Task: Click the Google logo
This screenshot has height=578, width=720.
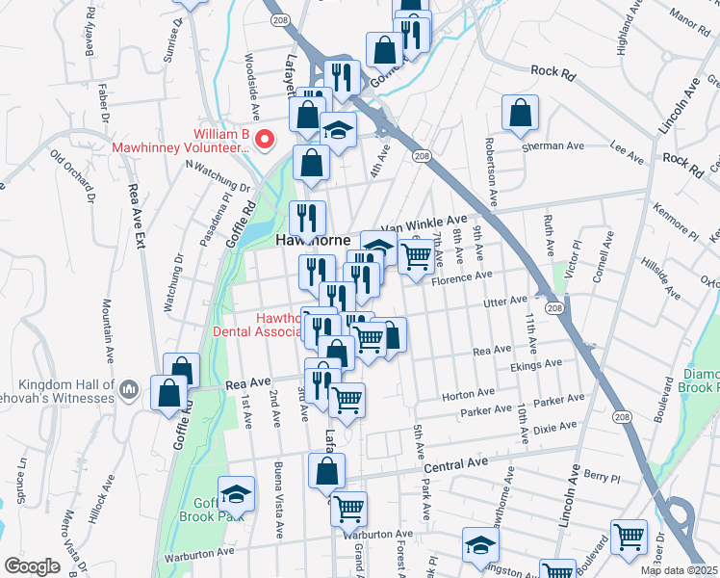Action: (x=32, y=566)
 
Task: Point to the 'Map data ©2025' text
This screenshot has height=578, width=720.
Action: (x=680, y=570)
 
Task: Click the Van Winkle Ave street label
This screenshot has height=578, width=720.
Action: (x=423, y=224)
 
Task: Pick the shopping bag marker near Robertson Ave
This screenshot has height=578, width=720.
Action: (x=520, y=113)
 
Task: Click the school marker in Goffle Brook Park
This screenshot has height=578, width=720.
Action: (x=235, y=494)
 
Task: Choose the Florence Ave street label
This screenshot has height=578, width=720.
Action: (x=461, y=278)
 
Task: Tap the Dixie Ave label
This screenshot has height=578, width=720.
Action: (x=553, y=426)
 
